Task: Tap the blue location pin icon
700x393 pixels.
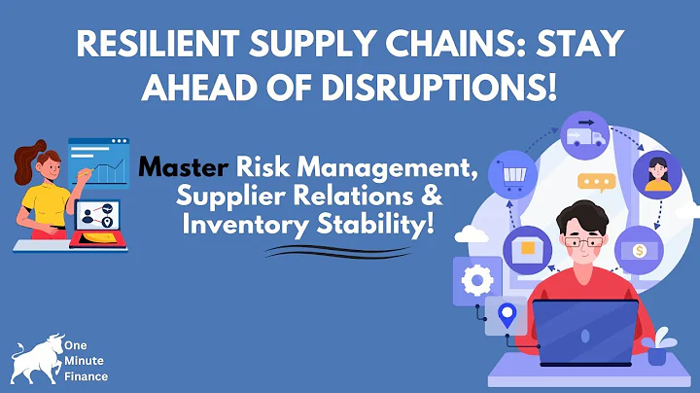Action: tap(507, 314)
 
